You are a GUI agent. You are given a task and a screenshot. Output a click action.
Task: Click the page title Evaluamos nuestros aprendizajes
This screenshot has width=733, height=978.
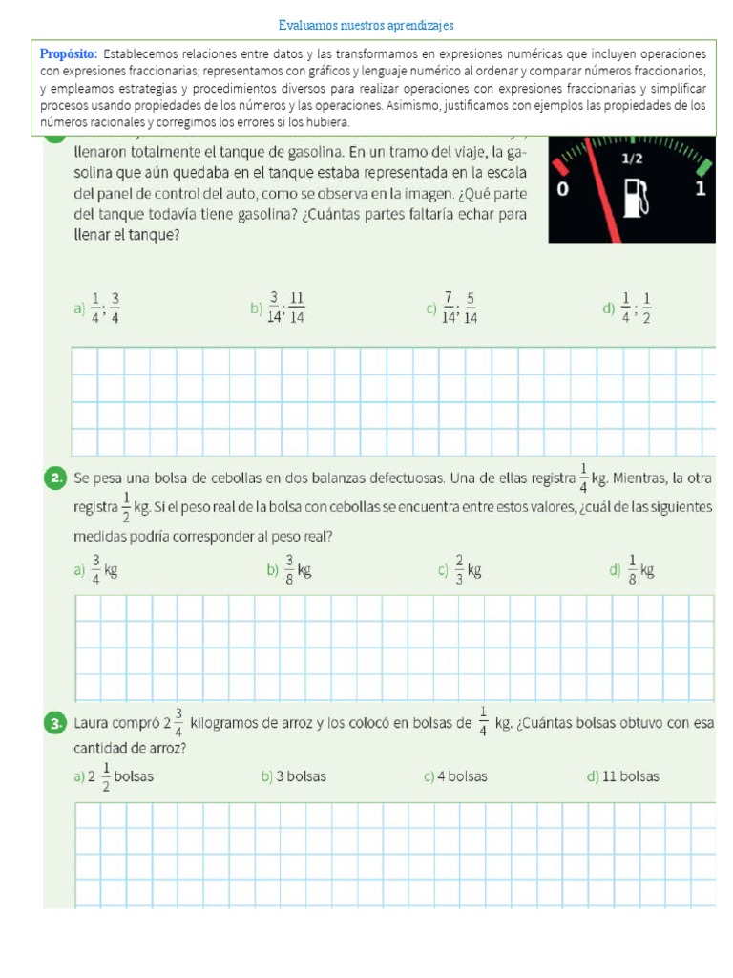[366, 25]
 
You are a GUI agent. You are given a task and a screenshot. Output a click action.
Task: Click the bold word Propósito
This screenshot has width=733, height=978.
[69, 54]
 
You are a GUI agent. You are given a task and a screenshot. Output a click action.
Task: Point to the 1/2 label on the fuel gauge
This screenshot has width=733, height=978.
[632, 159]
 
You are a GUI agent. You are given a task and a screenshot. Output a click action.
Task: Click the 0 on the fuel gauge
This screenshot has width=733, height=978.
[562, 190]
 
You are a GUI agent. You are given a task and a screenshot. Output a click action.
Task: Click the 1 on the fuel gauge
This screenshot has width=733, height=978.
[701, 189]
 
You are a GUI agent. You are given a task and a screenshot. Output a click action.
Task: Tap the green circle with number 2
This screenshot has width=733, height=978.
[55, 478]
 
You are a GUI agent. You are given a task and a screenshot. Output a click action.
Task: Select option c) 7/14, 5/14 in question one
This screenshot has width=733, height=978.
[452, 308]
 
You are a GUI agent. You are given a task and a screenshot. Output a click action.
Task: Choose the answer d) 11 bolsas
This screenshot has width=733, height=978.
[622, 776]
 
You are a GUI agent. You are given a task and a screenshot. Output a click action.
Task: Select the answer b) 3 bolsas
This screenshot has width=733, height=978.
[293, 776]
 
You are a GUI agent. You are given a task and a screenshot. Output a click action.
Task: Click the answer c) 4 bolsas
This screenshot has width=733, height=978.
[455, 776]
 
